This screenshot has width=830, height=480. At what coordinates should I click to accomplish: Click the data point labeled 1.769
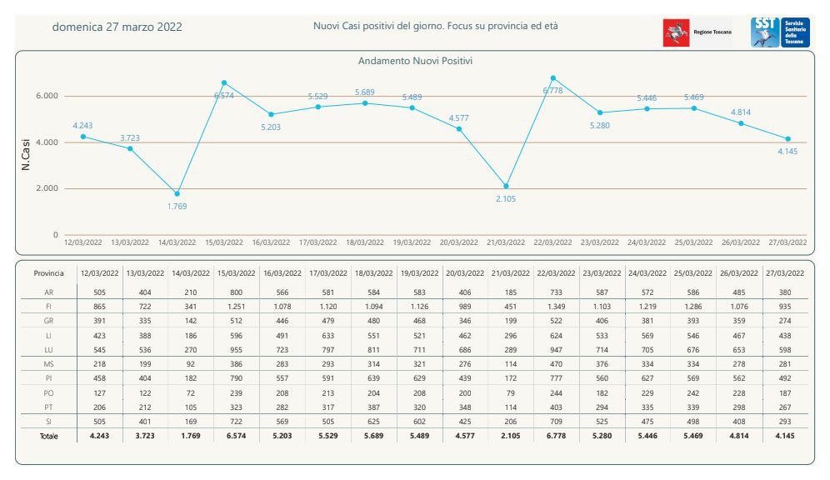[177, 193]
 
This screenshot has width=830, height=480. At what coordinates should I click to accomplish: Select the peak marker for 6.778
[553, 78]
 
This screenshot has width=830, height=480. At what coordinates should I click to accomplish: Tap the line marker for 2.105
[506, 186]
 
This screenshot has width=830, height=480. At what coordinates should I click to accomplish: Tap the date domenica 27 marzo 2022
[117, 27]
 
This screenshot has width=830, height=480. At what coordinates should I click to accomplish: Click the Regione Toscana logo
[697, 32]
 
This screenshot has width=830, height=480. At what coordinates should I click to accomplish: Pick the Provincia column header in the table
[48, 273]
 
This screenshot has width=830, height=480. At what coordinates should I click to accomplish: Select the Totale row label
[48, 437]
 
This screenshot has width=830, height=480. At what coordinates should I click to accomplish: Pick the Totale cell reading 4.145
[783, 437]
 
